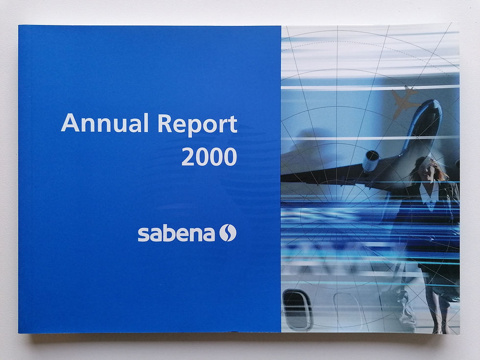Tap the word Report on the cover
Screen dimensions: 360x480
(x=197, y=124)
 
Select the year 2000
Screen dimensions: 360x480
(x=209, y=156)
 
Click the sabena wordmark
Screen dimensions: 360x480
(x=176, y=233)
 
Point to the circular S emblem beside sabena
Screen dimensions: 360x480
(x=227, y=233)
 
